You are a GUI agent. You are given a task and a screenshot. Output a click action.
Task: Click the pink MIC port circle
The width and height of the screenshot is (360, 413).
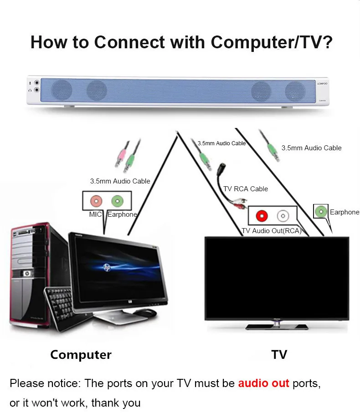(96, 201)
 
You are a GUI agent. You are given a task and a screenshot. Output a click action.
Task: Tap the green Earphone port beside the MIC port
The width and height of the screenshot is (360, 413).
(117, 201)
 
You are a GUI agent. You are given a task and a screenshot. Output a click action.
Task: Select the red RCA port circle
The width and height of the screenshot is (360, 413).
(262, 216)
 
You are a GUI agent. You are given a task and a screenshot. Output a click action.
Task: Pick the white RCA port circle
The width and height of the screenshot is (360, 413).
(283, 216)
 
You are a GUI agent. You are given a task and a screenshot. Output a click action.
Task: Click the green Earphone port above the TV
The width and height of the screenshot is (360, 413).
(321, 211)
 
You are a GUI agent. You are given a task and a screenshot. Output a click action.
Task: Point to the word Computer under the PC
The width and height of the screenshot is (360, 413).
(81, 355)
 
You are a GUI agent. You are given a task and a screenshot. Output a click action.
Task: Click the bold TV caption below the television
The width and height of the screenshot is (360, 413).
(279, 355)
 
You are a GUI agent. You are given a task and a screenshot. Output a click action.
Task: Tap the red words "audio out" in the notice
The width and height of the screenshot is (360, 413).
(263, 383)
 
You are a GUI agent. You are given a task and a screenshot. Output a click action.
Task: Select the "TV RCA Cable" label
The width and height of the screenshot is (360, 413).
(246, 189)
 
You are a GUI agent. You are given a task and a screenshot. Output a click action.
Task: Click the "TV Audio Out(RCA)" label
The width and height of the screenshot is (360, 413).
(272, 231)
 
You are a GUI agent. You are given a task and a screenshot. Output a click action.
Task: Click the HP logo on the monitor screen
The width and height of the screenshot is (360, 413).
(107, 267)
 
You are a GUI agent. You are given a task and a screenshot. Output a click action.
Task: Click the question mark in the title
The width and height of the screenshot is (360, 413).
(327, 42)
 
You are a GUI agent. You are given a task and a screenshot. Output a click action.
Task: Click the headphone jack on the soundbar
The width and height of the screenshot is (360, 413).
(36, 90)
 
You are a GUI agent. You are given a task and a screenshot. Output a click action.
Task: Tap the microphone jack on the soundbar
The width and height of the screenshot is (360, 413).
(36, 83)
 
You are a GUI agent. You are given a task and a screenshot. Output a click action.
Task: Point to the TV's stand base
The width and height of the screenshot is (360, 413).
(277, 327)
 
